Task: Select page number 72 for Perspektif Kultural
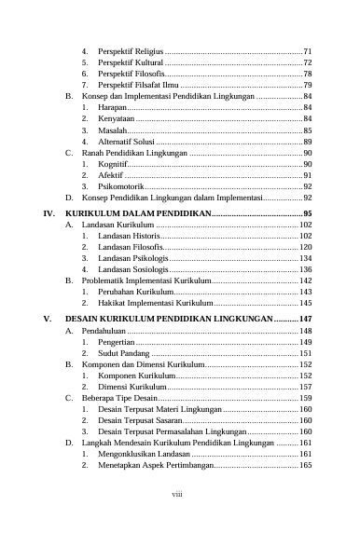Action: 307,61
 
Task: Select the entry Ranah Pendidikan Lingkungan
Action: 134,153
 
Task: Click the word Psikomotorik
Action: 120,187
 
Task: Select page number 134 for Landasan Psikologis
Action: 305,259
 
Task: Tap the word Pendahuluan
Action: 104,331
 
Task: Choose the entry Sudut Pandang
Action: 123,354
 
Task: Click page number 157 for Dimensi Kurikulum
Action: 305,387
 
